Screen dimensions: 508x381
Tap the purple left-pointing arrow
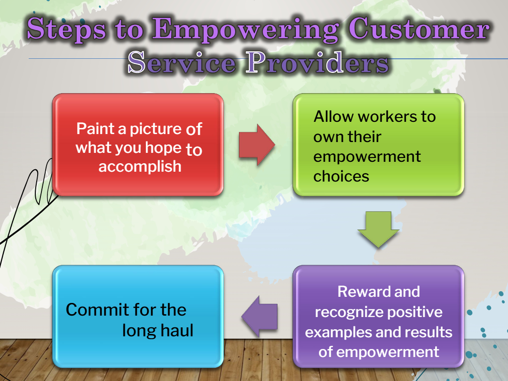260,316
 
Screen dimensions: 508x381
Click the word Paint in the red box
95,128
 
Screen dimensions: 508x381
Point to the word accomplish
140,167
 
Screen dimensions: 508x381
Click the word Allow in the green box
333,117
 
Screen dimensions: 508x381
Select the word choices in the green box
341,176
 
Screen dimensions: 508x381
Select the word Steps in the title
67,29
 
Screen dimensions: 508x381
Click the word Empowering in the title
245,30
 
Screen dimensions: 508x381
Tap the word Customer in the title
419,29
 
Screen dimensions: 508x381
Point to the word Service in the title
182,62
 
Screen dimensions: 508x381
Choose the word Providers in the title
317,62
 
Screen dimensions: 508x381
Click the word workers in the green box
387,117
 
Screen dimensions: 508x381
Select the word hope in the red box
163,148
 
